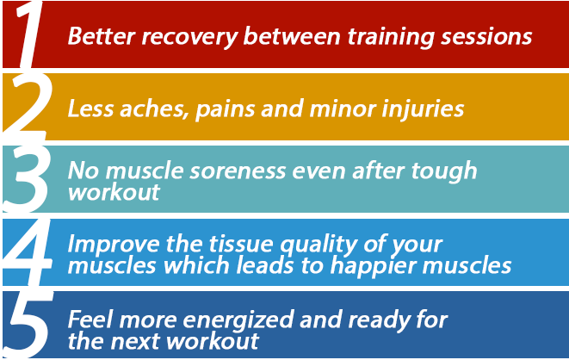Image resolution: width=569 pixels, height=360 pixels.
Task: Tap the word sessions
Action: (486, 37)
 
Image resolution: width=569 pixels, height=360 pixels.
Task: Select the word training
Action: (391, 37)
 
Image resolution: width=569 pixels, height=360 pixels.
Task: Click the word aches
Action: (155, 109)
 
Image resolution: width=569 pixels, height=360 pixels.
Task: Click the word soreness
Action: (238, 171)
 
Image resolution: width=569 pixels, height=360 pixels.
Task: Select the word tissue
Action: (240, 244)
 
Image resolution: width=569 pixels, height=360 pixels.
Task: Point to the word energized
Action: (238, 320)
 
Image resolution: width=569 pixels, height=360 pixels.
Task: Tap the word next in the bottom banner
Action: (134, 342)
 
